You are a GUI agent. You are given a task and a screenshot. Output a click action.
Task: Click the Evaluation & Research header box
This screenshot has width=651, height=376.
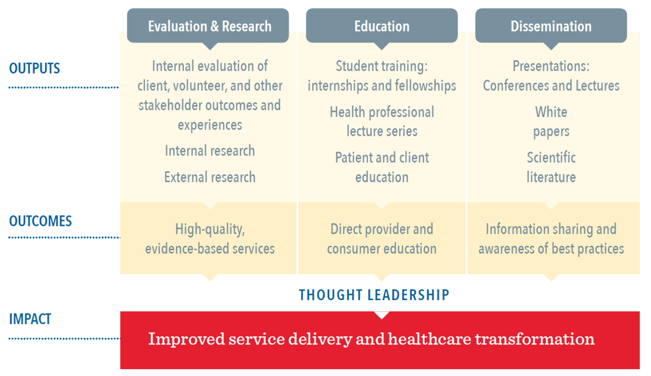pyautogui.click(x=208, y=26)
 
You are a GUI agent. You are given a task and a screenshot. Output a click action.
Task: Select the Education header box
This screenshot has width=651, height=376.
pyautogui.click(x=382, y=26)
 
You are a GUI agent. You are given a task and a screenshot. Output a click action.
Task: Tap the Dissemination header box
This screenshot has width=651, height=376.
pyautogui.click(x=551, y=26)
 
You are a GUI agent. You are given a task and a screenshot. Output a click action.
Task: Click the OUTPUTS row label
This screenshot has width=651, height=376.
pyautogui.click(x=34, y=68)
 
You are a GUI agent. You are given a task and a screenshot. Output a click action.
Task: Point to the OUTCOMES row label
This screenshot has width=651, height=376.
pyautogui.click(x=40, y=221)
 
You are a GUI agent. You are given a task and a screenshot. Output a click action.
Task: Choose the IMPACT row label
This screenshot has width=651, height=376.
pyautogui.click(x=30, y=319)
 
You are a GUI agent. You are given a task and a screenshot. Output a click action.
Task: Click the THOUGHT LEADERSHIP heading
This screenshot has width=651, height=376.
pyautogui.click(x=374, y=295)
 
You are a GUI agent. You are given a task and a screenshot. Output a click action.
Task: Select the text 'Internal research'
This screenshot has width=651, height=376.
pyautogui.click(x=210, y=151)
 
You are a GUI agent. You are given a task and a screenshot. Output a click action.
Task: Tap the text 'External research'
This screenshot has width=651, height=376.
pyautogui.click(x=210, y=177)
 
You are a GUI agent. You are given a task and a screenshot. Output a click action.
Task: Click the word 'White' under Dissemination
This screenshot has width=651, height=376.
pyautogui.click(x=551, y=112)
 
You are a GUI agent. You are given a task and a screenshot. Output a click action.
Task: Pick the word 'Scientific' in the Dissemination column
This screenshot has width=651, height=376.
pyautogui.click(x=551, y=157)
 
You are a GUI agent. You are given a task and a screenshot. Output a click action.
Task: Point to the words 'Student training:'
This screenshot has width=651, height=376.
pyautogui.click(x=382, y=66)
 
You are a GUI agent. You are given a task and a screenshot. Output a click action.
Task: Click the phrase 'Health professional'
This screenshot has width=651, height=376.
pyautogui.click(x=382, y=112)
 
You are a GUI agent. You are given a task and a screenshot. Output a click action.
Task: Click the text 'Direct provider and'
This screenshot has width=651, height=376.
pyautogui.click(x=382, y=229)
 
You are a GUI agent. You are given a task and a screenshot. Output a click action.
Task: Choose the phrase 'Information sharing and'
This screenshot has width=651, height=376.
pyautogui.click(x=551, y=229)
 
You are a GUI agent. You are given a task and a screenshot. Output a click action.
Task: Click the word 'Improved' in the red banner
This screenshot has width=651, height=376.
pyautogui.click(x=187, y=339)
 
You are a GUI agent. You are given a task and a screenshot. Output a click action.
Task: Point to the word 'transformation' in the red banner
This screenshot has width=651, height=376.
pyautogui.click(x=535, y=339)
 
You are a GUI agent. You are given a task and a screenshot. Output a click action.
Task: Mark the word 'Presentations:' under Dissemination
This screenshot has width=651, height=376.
pyautogui.click(x=551, y=66)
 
